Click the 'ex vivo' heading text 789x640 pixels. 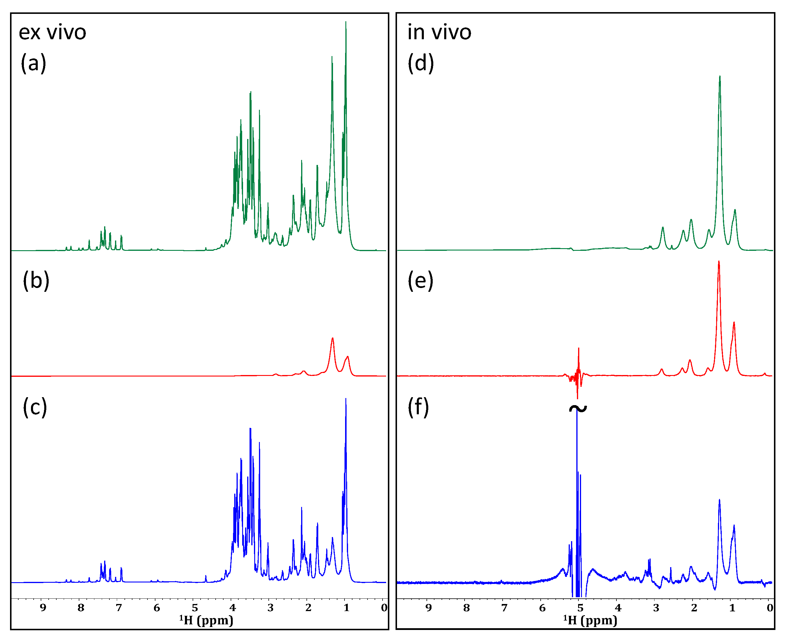(52, 32)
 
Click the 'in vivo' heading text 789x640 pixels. (439, 32)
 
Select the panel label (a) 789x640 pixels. (33, 63)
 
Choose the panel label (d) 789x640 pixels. (421, 63)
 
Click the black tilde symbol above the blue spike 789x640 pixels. (578, 408)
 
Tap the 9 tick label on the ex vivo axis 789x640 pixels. (43, 608)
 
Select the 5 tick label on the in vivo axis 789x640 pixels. (580, 608)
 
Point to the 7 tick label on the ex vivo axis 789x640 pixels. (119, 608)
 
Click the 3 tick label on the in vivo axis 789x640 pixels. (656, 608)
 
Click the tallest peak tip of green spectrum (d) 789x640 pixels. (720, 76)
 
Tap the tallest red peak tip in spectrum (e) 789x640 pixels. (719, 261)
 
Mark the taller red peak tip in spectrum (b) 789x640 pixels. (332, 338)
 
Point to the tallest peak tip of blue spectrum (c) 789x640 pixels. (346, 399)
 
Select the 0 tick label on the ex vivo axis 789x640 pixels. (384, 608)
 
